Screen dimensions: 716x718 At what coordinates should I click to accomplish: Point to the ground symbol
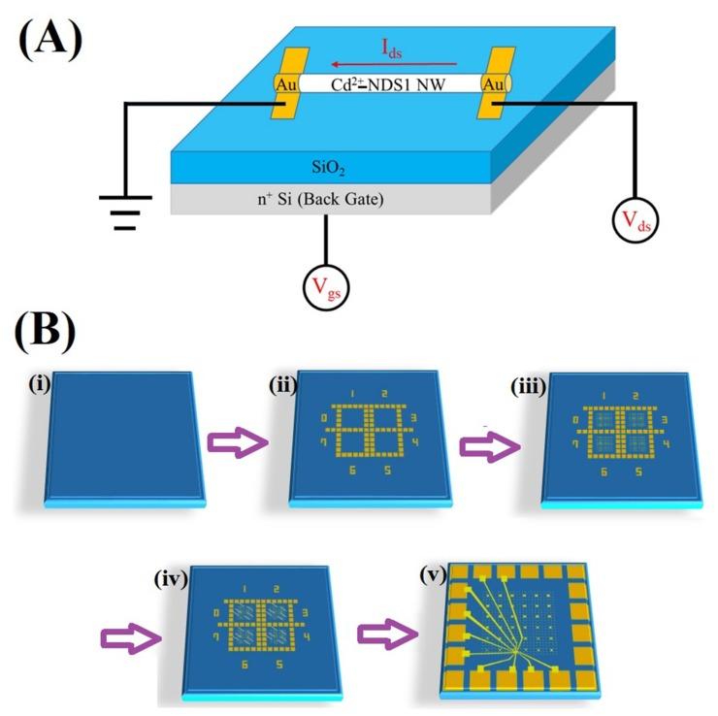(x=125, y=212)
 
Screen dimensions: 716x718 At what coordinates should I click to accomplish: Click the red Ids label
(x=392, y=48)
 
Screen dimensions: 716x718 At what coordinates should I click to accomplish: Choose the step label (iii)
(x=531, y=378)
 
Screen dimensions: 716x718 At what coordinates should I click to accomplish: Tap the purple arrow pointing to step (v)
(x=386, y=634)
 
